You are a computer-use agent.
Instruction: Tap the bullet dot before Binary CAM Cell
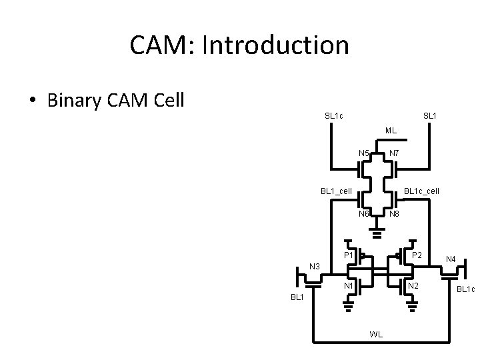[x=32, y=101]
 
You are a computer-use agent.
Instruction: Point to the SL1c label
[x=334, y=116]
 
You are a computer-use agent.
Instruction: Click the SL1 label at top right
[x=430, y=116]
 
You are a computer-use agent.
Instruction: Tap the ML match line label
[x=391, y=130]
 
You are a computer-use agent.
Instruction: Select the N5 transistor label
[x=363, y=153]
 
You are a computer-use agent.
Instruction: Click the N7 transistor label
[x=394, y=153]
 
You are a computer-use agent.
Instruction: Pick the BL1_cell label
[x=336, y=191]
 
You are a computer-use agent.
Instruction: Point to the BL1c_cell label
[x=421, y=191]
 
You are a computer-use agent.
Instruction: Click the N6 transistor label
[x=363, y=214]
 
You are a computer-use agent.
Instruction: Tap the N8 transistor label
[x=394, y=214]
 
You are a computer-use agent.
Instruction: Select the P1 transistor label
[x=349, y=255]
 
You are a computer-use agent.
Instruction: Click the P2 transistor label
[x=417, y=255]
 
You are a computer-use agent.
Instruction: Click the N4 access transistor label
[x=451, y=259]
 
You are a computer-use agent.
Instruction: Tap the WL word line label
[x=376, y=334]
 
